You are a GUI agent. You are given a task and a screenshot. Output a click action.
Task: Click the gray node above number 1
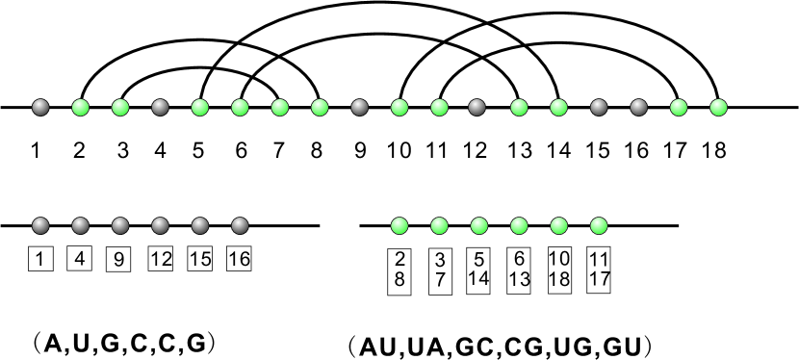pos(40,106)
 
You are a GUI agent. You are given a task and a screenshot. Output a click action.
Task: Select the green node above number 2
pos(81,106)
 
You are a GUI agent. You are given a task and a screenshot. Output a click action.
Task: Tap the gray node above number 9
pos(360,106)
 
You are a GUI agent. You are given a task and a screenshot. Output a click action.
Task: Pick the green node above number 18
pos(717,106)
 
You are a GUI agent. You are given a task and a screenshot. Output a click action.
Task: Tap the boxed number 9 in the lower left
pos(119,260)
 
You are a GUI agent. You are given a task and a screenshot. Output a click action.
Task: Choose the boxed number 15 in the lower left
pos(199,260)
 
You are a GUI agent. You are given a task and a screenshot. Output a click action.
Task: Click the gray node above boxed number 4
pos(80,226)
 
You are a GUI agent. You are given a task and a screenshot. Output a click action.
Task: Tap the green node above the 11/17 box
pos(599,226)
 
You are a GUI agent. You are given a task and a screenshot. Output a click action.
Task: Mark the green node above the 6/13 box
pos(519,226)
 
